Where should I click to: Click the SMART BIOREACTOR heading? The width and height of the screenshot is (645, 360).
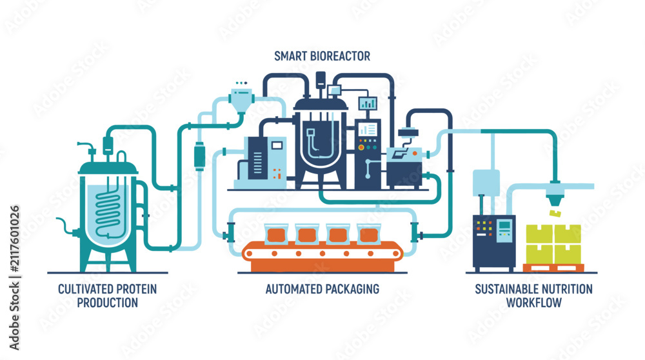[x=322, y=56]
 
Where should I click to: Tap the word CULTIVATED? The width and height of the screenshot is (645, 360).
[x=84, y=289]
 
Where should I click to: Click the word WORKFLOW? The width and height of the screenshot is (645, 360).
[x=533, y=303]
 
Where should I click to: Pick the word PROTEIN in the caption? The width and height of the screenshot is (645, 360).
[x=136, y=289]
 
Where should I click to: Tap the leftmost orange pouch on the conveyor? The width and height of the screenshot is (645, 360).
[x=276, y=234]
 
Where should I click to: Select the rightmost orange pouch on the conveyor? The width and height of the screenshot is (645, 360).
[x=368, y=234]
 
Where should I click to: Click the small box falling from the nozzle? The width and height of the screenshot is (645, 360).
[x=555, y=213]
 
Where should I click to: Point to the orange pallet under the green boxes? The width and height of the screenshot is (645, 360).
[x=553, y=268]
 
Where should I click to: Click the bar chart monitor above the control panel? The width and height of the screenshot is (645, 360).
[x=368, y=103]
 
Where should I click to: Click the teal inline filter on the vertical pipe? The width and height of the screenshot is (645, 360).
[x=199, y=156]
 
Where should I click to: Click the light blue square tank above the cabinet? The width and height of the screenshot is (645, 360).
[x=486, y=183]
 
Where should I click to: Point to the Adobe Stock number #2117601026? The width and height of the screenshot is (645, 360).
[x=14, y=239]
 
